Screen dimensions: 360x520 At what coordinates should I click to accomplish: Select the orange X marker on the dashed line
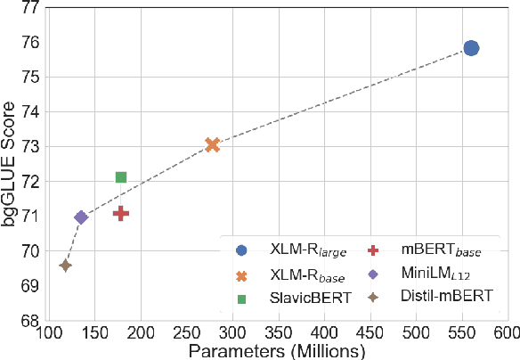tap(212, 144)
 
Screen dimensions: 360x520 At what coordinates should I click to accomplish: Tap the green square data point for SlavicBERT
tap(121, 177)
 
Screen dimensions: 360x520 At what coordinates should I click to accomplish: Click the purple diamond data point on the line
tap(81, 217)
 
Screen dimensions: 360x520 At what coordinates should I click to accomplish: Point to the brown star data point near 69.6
tap(65, 265)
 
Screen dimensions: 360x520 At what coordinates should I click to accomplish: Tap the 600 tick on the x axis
tap(507, 333)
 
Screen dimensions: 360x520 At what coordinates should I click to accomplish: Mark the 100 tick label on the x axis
tap(49, 333)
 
